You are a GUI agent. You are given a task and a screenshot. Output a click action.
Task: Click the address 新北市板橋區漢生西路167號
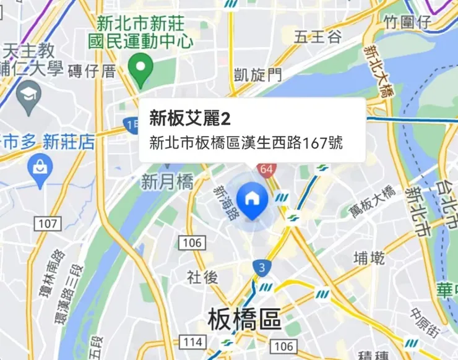246,144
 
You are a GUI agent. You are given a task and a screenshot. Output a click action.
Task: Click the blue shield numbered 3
262,268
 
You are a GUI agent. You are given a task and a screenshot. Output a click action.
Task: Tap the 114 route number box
192,342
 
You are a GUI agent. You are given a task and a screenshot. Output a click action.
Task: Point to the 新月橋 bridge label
167,182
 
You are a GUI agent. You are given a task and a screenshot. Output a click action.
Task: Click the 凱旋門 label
257,75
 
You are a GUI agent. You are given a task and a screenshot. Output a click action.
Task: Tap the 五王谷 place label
318,37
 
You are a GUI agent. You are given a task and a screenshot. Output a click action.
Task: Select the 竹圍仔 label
407,23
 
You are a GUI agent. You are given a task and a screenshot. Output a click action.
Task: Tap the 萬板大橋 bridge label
371,201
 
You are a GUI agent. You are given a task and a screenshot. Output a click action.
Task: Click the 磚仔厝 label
93,71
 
